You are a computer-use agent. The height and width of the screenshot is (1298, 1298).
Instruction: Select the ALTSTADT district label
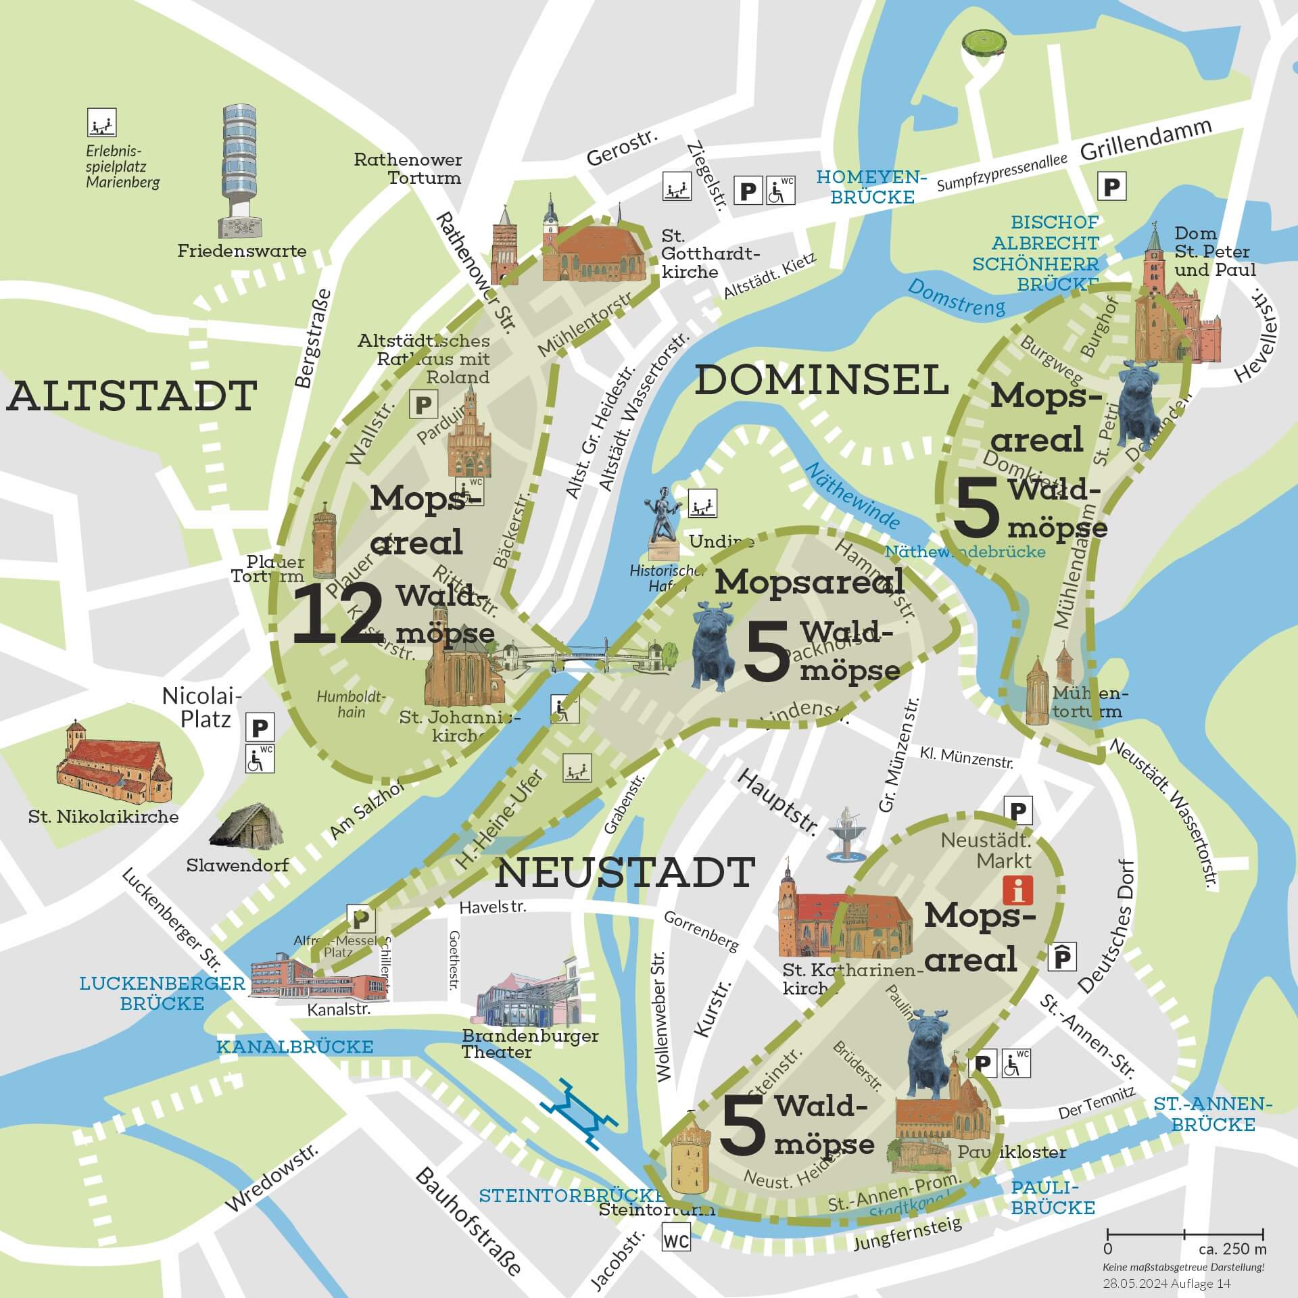click(x=132, y=396)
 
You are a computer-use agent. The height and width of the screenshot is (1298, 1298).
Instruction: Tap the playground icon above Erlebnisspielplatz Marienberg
click(x=102, y=122)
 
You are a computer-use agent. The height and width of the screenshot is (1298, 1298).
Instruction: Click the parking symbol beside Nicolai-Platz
click(x=260, y=728)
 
